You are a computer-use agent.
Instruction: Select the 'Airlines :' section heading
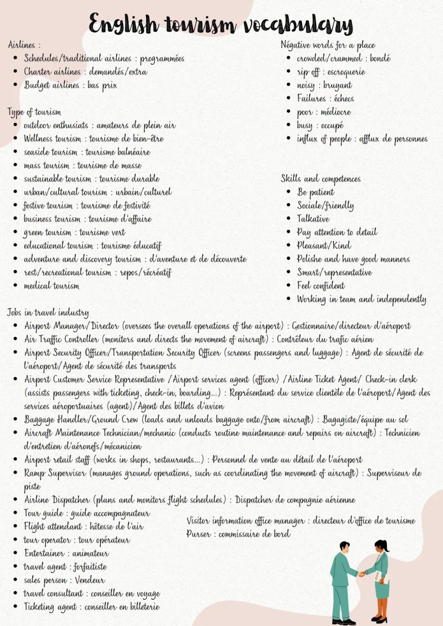point(25,45)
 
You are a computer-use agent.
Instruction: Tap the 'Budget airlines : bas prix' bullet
point(70,85)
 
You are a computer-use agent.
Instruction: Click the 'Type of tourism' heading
point(34,112)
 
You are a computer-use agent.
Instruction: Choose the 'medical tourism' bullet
point(51,286)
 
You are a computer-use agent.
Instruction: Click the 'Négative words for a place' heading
point(327,45)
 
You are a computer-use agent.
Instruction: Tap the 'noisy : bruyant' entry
point(324,86)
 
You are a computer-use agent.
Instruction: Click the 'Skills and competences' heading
point(320,179)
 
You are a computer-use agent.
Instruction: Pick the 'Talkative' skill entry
point(314,219)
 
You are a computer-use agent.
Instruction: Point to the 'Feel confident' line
point(321,286)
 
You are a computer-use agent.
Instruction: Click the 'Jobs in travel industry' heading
point(48,313)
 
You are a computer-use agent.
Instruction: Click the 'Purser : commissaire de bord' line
point(238,534)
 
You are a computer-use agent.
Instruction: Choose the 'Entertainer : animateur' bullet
point(66,553)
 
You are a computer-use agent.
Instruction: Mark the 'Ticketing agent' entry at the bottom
point(91,607)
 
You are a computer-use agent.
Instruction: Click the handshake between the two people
point(362,574)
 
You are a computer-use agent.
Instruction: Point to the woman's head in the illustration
point(383,546)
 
